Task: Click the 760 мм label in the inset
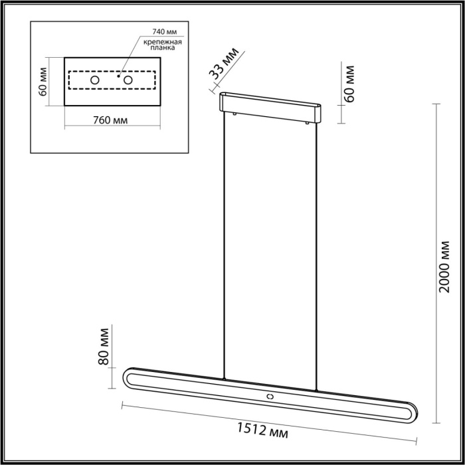(111, 120)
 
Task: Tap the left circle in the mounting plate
(95, 80)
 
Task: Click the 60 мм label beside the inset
(43, 80)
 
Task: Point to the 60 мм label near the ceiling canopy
(350, 83)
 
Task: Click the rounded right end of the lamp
(412, 411)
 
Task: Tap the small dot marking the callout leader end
(118, 76)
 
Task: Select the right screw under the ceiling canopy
(308, 123)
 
